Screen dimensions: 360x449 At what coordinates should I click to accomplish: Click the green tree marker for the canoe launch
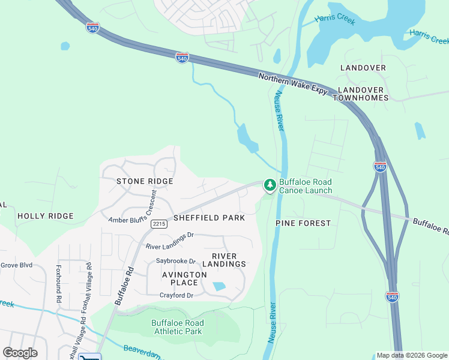(x=270, y=185)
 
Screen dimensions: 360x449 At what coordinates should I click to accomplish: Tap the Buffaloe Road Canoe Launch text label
(x=306, y=186)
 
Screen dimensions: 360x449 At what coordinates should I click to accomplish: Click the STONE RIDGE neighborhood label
(x=145, y=181)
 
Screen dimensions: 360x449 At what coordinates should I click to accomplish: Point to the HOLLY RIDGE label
(x=46, y=216)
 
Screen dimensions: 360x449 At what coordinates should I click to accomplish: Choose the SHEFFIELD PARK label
(x=209, y=218)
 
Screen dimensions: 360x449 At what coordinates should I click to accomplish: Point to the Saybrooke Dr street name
(x=176, y=261)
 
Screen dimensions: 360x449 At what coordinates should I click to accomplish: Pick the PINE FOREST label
(x=303, y=223)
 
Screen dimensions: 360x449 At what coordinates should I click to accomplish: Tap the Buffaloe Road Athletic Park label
(x=177, y=327)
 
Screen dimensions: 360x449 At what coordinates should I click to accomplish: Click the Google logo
(x=20, y=353)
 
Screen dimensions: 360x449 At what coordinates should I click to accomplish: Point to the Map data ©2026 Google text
(x=411, y=355)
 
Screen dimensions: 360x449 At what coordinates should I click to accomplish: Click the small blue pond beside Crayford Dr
(x=219, y=287)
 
